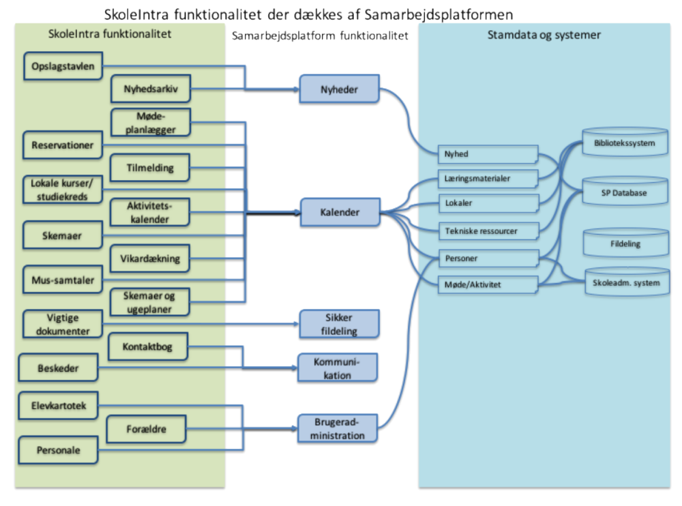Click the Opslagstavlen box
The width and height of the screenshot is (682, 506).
62,66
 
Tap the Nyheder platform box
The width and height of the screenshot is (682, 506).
339,89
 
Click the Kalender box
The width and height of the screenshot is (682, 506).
339,212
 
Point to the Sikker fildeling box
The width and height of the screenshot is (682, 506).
339,323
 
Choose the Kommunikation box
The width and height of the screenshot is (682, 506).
339,368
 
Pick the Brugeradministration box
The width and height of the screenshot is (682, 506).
339,428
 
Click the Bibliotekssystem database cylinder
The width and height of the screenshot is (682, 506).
624,144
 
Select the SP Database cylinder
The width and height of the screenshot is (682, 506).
624,193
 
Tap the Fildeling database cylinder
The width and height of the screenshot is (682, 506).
624,243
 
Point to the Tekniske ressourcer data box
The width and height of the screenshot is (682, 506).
488,231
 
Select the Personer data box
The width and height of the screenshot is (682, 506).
488,258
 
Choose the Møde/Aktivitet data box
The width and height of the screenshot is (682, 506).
488,284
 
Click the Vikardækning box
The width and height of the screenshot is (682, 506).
150,259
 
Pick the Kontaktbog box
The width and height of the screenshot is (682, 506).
147,347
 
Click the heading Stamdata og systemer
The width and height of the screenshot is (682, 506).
544,35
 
